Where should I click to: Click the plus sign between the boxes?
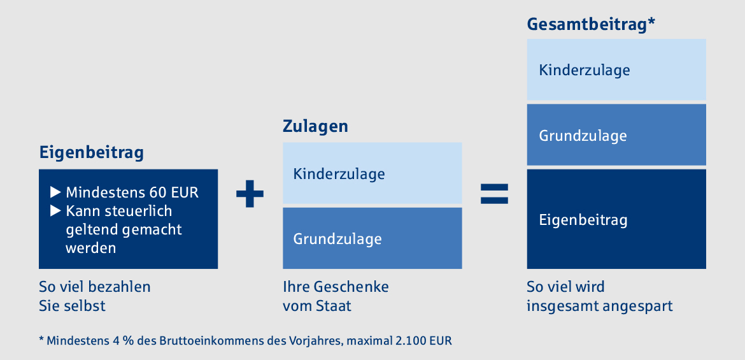pos(250,194)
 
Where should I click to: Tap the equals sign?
pos(495,194)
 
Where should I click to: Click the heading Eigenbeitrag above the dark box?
pos(91,154)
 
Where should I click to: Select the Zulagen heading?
pos(315,127)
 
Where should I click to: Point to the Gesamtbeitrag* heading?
pos(591,24)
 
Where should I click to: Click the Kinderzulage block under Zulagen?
pos(372,173)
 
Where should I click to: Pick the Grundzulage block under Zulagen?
pos(372,238)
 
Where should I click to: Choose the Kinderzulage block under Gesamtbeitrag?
pos(616,69)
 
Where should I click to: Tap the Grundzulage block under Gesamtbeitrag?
pos(616,134)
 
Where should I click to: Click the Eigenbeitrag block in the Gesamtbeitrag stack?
pos(616,219)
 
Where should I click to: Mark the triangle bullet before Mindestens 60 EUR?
pos(55,192)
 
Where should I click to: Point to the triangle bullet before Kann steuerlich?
pos(55,210)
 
